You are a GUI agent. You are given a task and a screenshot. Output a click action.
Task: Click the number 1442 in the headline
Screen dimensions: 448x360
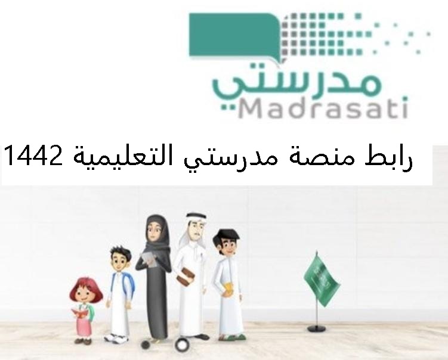point(33,155)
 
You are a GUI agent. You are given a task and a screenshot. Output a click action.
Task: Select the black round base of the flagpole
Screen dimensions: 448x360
point(317,328)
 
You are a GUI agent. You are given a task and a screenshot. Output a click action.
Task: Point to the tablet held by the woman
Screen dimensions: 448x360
point(149,259)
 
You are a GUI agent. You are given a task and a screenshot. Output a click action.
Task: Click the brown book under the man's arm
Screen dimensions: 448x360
point(186,276)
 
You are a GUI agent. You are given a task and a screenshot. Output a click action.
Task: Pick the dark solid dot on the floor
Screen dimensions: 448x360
point(146,345)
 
